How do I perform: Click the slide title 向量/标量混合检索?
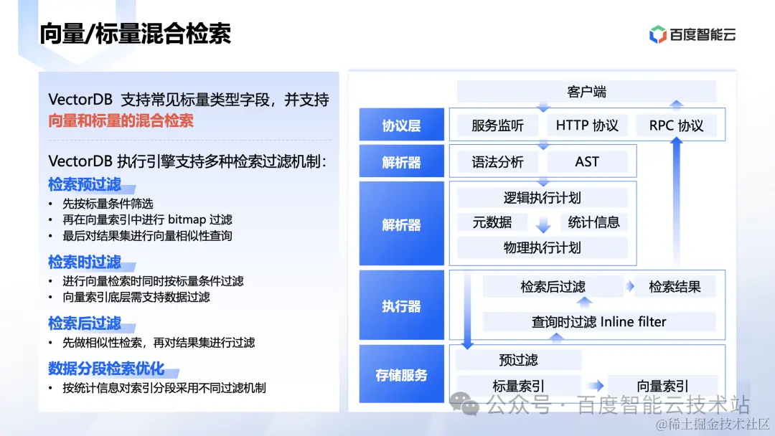coord(135,34)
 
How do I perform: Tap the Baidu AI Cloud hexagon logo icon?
coord(657,34)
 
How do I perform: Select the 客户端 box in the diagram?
coord(586,92)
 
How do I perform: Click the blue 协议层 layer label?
coord(401,126)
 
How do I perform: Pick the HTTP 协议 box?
coord(587,125)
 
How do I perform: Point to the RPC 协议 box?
coord(677,125)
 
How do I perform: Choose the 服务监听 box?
coord(497,125)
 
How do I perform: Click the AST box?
coord(586,162)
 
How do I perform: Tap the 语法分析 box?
coord(497,162)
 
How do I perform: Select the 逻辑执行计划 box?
coord(542,198)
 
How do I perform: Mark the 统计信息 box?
coord(593,222)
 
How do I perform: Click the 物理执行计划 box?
coord(542,248)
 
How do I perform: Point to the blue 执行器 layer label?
coord(401,306)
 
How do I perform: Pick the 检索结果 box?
coord(675,288)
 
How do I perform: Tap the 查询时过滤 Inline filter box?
coord(598,322)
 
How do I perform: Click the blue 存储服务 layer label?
coord(401,375)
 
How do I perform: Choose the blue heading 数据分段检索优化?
coord(106,369)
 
